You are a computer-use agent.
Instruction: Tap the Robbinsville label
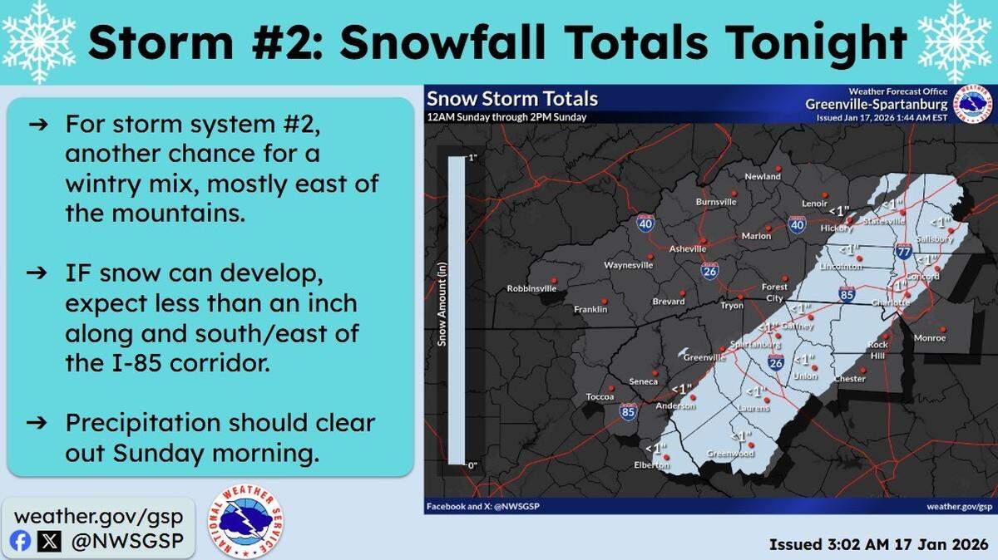(x=529, y=289)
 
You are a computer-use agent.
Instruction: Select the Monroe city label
(x=930, y=338)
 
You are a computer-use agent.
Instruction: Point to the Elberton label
(x=651, y=465)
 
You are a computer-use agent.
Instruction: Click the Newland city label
(x=763, y=177)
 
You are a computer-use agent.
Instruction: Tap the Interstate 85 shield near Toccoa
(x=628, y=411)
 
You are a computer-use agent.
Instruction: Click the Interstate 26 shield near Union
(x=775, y=362)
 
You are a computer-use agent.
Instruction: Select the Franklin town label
(x=590, y=310)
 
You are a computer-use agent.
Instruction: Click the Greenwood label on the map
(x=730, y=454)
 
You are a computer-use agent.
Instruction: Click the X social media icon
(x=51, y=542)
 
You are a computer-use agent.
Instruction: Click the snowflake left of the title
(x=39, y=42)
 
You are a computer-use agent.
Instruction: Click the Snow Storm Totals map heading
(x=512, y=99)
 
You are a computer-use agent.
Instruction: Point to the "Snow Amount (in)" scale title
(x=442, y=312)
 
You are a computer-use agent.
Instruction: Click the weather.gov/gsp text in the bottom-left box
(x=98, y=515)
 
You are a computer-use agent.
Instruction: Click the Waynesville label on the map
(x=628, y=266)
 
